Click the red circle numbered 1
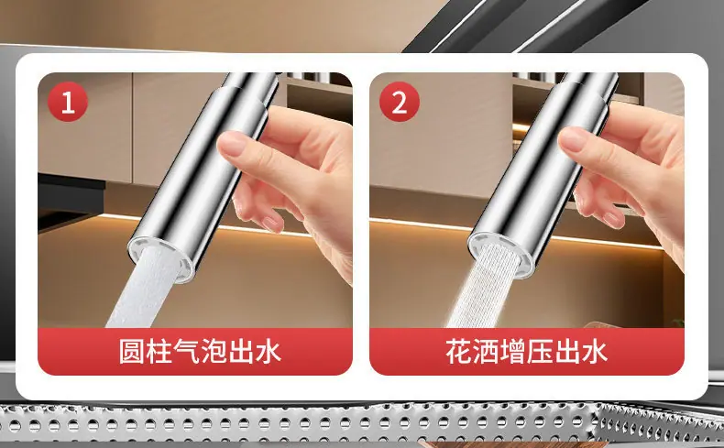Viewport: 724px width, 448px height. point(68,102)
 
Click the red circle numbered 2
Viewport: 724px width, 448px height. point(400,102)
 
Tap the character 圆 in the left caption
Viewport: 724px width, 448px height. point(132,352)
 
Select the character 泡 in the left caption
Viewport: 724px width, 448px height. point(214,352)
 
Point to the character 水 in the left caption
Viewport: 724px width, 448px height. point(269,352)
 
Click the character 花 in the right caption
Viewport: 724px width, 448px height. point(458,352)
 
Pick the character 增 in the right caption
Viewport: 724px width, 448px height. point(513,352)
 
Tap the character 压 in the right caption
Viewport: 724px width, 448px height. point(540,352)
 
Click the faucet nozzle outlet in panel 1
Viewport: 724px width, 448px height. point(161,257)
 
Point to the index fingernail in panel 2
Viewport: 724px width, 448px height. point(574,138)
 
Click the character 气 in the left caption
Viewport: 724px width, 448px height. point(187,352)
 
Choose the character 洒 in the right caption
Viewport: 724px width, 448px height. point(486,352)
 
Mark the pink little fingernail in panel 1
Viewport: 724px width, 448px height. point(272,224)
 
